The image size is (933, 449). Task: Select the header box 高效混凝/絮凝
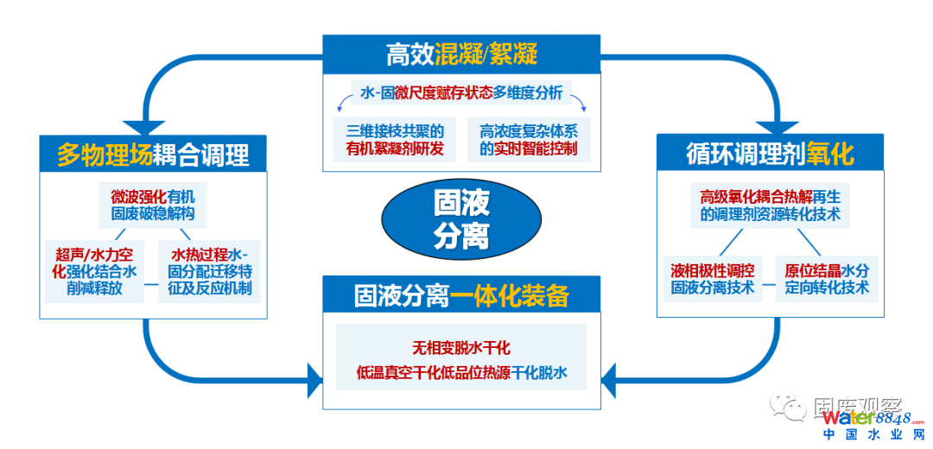click(x=461, y=54)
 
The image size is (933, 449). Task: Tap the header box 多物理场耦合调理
click(x=153, y=154)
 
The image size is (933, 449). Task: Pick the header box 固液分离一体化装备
click(x=461, y=295)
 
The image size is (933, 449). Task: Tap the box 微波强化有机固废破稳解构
click(x=153, y=203)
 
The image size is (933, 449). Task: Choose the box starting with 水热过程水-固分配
click(x=210, y=271)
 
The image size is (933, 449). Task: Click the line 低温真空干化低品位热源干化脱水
click(x=461, y=373)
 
